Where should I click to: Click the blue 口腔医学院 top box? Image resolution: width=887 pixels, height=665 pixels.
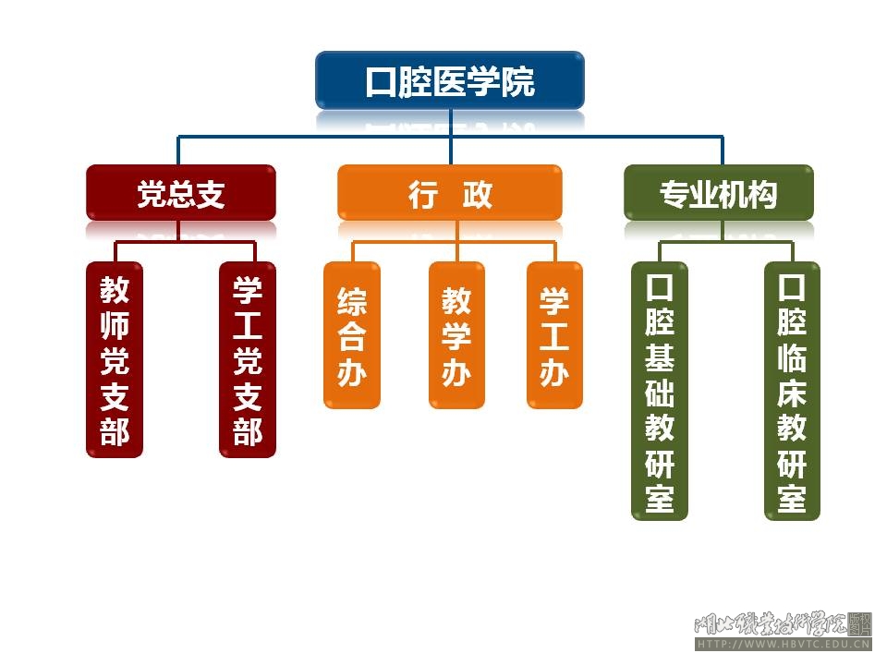450,81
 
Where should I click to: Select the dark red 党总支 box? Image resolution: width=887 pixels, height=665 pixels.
181,193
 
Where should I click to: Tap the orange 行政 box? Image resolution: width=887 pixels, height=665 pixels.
450,193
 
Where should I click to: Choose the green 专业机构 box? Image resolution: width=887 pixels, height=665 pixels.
719,193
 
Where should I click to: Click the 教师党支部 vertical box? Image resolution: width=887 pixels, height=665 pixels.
115,359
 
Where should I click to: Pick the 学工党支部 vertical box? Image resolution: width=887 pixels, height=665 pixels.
248,359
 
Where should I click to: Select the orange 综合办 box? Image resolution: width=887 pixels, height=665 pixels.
352,335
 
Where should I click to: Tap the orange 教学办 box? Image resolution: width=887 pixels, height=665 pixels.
456,335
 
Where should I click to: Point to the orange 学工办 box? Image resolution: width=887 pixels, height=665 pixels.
554,335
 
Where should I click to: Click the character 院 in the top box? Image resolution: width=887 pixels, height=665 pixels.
516,82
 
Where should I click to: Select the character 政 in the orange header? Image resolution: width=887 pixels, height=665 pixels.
478,195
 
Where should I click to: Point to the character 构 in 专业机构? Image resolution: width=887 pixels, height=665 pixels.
763,195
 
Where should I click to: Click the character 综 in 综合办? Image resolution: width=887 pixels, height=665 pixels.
352,301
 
